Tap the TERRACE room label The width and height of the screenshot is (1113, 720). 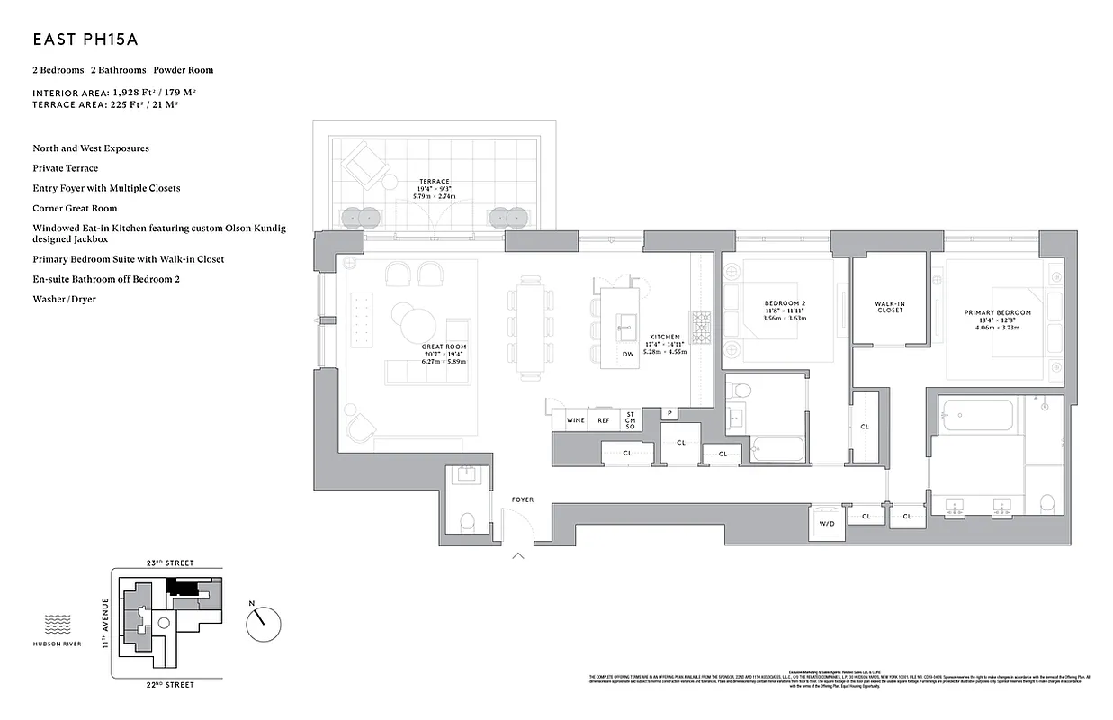[x=434, y=181]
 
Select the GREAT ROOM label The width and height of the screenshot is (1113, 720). [x=444, y=346]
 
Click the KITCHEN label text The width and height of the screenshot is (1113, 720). [x=666, y=337]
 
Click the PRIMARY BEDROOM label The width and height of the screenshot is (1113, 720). [x=997, y=313]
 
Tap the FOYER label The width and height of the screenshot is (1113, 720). [x=523, y=499]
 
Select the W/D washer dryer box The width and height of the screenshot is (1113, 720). [x=826, y=524]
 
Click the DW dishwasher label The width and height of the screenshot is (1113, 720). [x=628, y=354]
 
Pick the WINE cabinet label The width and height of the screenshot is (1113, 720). [x=575, y=420]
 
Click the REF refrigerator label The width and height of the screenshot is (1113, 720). [x=604, y=420]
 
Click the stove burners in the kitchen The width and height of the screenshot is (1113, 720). [x=701, y=321]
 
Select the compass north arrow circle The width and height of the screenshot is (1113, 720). [x=264, y=621]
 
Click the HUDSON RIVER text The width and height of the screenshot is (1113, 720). [x=57, y=643]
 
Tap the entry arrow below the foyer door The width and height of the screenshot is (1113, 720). [x=518, y=556]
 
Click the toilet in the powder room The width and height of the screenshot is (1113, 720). [x=466, y=521]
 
